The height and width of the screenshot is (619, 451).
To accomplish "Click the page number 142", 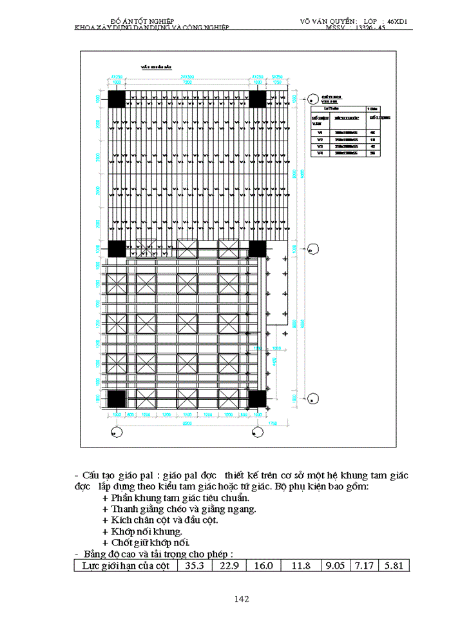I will (242, 599).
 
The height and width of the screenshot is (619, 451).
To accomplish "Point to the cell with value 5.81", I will (392, 565).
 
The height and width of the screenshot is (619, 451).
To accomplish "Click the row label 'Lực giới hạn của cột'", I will (122, 565).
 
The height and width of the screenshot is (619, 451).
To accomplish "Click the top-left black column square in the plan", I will (117, 99).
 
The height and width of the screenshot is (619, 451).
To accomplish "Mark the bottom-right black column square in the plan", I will (258, 398).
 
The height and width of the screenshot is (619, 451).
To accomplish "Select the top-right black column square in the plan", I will (258, 99).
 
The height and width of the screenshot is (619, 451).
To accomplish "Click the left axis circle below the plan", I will (116, 431).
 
